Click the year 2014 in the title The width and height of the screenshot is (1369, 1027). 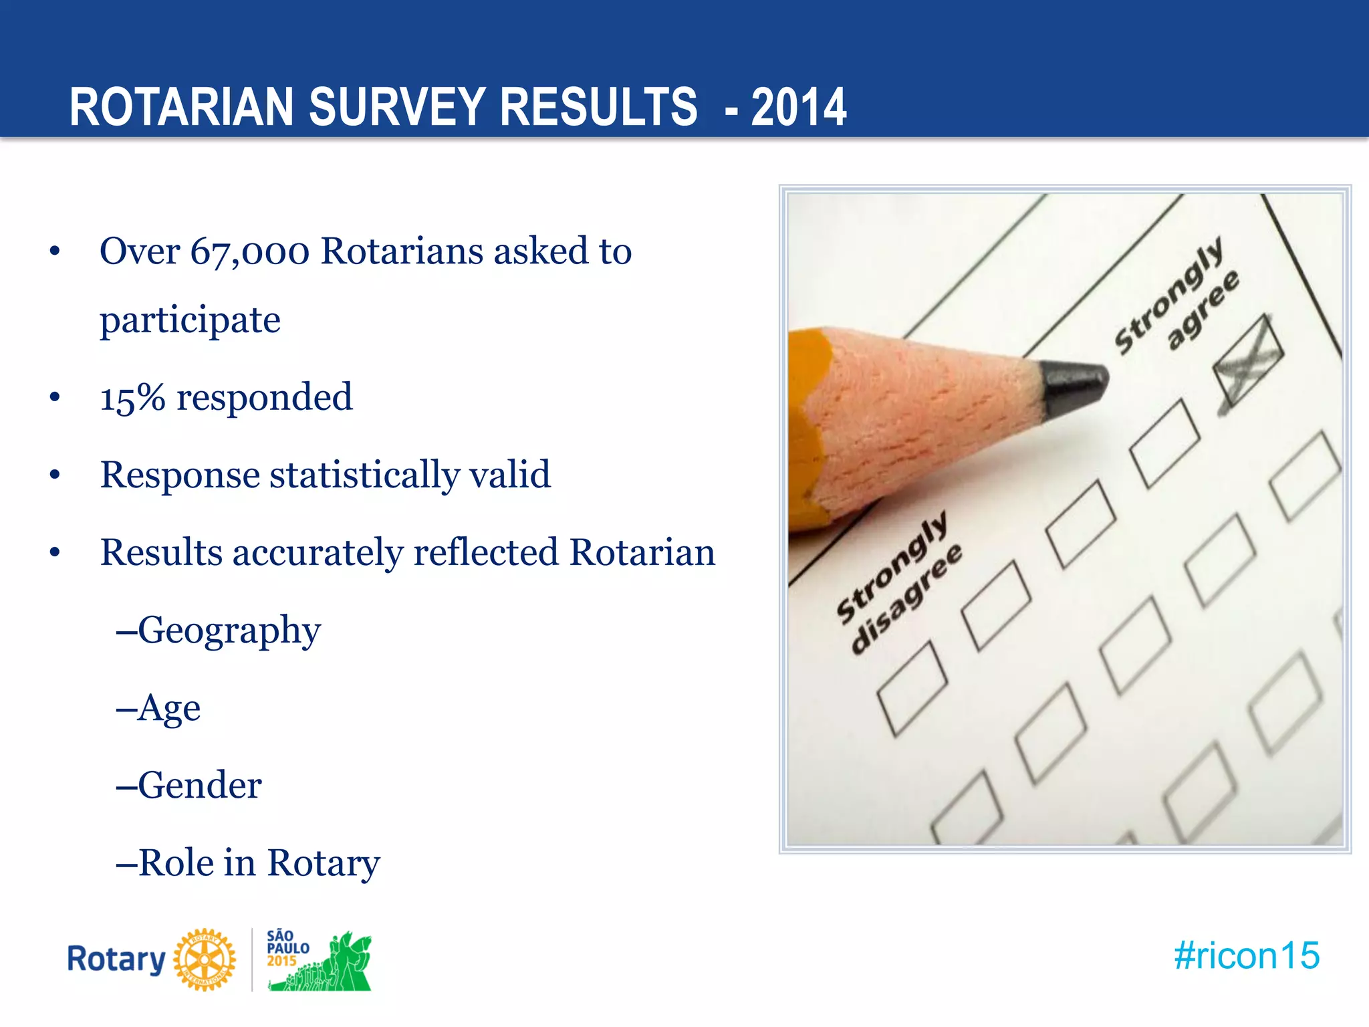click(x=799, y=107)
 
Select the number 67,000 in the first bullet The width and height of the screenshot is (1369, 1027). click(x=249, y=252)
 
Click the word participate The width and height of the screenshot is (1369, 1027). click(x=190, y=320)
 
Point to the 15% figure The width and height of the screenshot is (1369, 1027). click(x=132, y=397)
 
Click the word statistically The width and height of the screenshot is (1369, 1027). click(x=364, y=475)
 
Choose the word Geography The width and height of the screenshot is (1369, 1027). click(x=229, y=631)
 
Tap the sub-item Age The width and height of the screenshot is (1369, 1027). click(x=168, y=708)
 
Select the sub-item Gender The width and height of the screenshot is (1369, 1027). click(x=199, y=786)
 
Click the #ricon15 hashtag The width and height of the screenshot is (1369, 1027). click(x=1247, y=955)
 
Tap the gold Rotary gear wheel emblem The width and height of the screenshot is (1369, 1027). click(x=205, y=959)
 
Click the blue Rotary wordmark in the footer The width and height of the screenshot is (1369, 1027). click(x=116, y=959)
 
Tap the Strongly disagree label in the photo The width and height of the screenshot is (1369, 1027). click(x=898, y=582)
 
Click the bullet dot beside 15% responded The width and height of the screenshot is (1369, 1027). click(x=55, y=397)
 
